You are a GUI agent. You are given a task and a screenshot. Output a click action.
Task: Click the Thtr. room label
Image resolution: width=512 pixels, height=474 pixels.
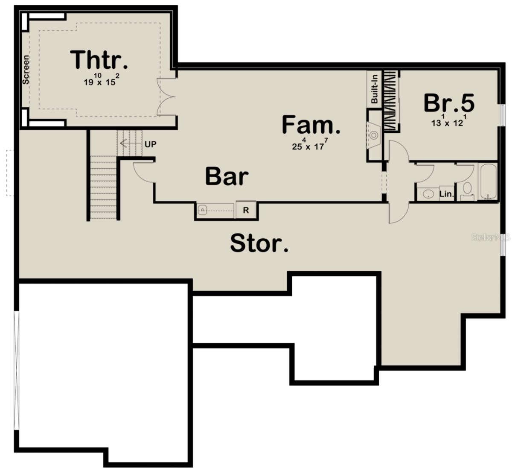pos(99,60)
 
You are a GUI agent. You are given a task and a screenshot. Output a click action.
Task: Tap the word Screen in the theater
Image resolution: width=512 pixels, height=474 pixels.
pos(26,70)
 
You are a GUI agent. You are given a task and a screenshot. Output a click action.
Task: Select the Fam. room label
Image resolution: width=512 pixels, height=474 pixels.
pos(311,125)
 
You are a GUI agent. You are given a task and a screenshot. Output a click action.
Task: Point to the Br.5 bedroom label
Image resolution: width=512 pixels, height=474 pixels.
pos(449,103)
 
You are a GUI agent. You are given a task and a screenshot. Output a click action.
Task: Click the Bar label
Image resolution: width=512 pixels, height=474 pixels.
pos(227,176)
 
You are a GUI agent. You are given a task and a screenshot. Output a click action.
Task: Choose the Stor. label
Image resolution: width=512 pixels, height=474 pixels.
pos(259,243)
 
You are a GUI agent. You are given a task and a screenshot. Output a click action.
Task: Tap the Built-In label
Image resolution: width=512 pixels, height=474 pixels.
pos(374,89)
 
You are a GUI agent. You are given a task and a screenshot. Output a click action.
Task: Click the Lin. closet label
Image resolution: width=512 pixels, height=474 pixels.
pos(447,194)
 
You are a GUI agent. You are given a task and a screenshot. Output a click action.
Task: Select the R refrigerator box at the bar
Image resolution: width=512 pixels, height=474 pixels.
pos(246,210)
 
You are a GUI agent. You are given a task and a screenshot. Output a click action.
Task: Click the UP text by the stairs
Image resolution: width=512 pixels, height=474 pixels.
pos(150,144)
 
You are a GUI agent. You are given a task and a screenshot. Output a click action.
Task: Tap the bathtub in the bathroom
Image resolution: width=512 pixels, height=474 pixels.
pos(488,181)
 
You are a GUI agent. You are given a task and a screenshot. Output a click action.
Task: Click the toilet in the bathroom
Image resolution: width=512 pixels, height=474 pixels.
pos(467,190)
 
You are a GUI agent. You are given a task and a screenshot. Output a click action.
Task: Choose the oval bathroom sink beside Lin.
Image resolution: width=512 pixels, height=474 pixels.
pos(428,194)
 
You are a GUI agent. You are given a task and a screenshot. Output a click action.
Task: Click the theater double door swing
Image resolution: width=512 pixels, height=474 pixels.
pos(166,97)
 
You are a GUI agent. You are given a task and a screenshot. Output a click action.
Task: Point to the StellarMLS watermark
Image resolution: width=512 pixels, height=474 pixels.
pos(491,237)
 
